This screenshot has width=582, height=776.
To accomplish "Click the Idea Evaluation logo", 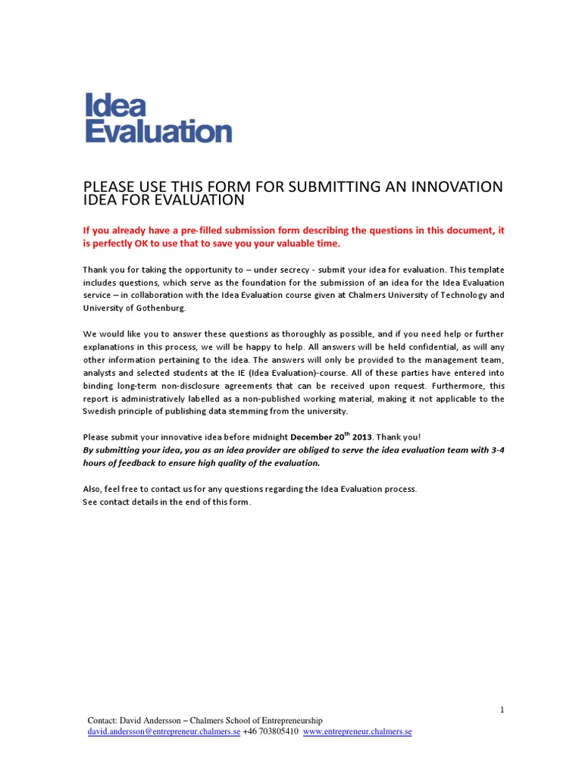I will [x=158, y=117].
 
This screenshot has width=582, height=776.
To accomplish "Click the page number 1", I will [x=502, y=709].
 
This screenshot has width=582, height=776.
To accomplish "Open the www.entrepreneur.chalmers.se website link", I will [x=358, y=732].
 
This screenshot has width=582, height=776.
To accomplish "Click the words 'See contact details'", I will [x=120, y=502].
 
